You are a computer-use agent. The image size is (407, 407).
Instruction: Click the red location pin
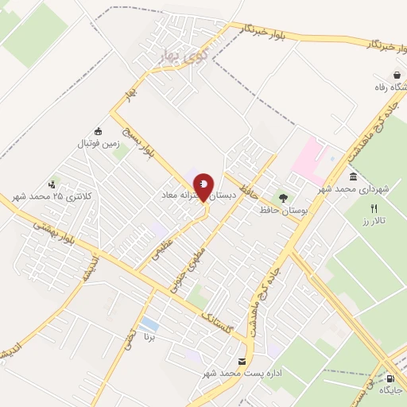coord(203,187)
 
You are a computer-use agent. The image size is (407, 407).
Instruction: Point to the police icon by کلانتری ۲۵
coord(53,183)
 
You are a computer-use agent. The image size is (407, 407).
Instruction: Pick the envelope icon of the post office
coord(242,362)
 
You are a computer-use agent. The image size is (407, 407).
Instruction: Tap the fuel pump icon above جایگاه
coord(389,378)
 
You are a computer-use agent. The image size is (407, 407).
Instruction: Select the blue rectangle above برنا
coord(148,324)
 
